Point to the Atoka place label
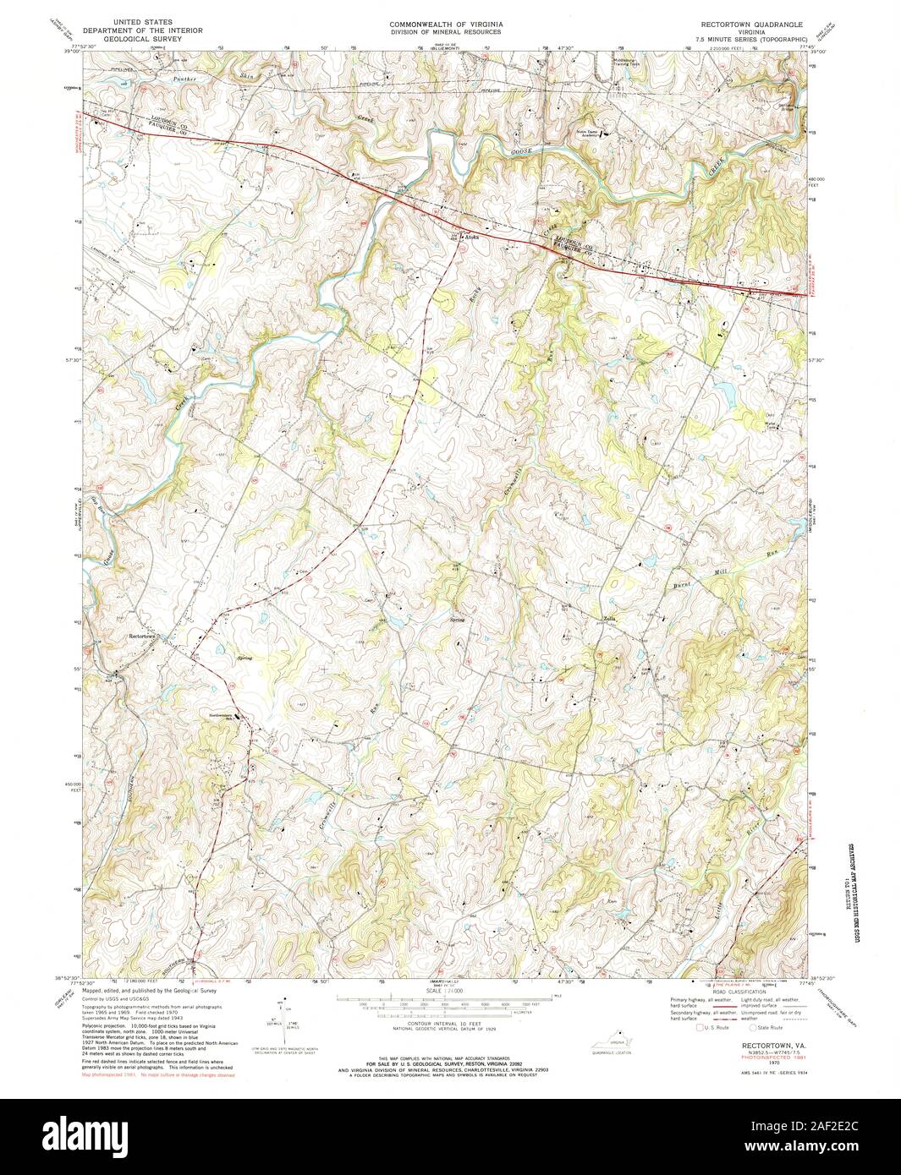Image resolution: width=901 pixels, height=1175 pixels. (471, 238)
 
